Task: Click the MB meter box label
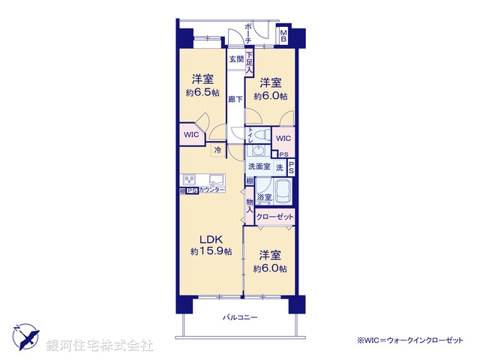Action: tap(284, 36)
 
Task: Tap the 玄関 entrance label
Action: tap(235, 58)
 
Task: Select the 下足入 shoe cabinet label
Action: tap(249, 60)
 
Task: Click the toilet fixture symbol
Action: tap(258, 136)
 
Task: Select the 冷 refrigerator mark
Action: tap(217, 150)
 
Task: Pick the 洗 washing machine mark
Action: tap(278, 166)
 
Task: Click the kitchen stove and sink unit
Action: tap(202, 180)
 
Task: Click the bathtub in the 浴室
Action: tap(283, 193)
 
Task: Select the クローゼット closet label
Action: tap(274, 217)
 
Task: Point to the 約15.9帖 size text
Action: tap(209, 250)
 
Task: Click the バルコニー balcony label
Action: tap(240, 318)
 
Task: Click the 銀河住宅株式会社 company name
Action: tap(100, 346)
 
